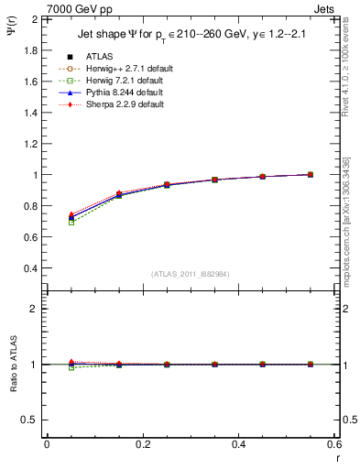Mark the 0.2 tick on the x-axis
tap(142, 444)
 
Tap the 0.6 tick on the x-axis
tap(333, 444)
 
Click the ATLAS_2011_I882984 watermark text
tap(191, 273)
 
